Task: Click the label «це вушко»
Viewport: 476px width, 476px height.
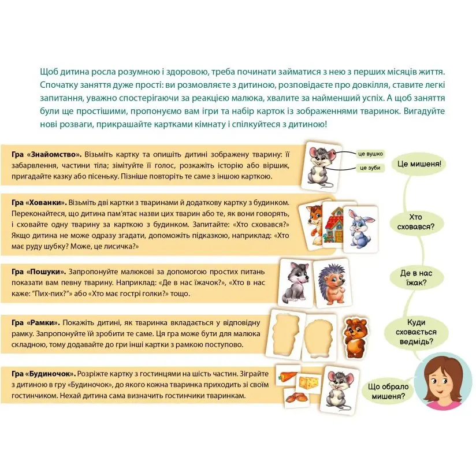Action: click(x=370, y=154)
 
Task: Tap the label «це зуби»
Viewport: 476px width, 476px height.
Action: click(x=370, y=168)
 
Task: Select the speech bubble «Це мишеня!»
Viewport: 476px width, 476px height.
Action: click(x=419, y=164)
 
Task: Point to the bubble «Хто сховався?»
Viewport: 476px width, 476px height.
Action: click(x=415, y=222)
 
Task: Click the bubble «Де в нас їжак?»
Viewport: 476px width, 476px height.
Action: click(x=415, y=278)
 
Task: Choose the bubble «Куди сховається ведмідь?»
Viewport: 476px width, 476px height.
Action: click(x=415, y=332)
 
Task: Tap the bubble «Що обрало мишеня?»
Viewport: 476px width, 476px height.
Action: click(x=388, y=391)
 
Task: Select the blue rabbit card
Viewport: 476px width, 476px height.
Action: click(x=360, y=229)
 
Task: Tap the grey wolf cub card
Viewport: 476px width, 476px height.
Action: click(x=295, y=282)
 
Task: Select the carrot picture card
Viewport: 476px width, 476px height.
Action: click(x=288, y=376)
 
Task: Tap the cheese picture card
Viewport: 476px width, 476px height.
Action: click(x=308, y=382)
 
